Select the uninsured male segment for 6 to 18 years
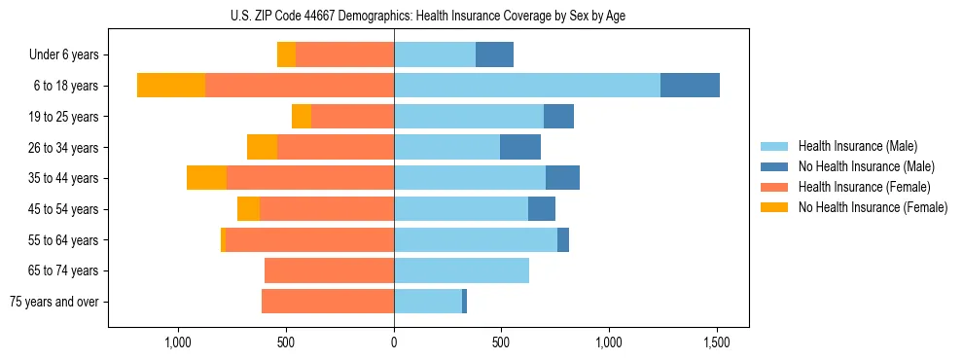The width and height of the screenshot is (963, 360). (x=690, y=86)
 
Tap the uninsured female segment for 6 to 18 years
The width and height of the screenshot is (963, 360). (x=171, y=86)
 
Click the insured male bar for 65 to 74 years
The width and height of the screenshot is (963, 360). (x=461, y=270)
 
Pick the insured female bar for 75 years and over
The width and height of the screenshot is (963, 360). (x=328, y=302)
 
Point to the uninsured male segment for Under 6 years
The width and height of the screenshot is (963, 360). (x=494, y=54)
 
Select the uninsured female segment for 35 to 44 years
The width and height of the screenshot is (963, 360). (x=206, y=178)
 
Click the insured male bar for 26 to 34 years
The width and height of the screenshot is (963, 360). (x=446, y=147)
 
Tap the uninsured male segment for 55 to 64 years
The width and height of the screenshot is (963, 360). (x=563, y=239)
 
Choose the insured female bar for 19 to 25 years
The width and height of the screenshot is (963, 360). (x=352, y=117)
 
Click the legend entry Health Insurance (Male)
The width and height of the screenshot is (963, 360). (x=857, y=146)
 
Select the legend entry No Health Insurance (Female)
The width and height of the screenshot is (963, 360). (x=873, y=207)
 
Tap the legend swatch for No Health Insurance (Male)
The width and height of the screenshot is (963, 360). (x=775, y=166)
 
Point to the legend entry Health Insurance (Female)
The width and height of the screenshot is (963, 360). (x=865, y=187)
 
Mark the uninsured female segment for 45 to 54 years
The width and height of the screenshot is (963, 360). (x=248, y=209)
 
